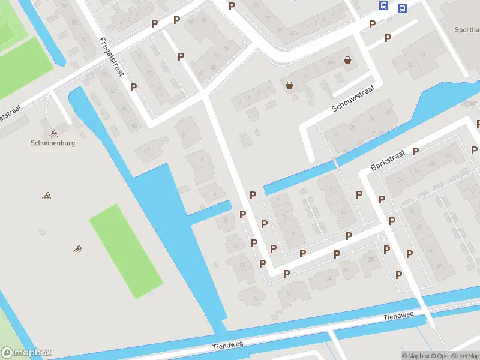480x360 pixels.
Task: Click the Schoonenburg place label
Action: click(x=53, y=143)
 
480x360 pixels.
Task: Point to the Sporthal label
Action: click(x=467, y=29)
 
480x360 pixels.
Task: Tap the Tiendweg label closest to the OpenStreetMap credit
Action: click(x=400, y=317)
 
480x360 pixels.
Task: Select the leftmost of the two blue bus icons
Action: click(x=383, y=5)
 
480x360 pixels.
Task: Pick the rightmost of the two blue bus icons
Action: click(x=402, y=8)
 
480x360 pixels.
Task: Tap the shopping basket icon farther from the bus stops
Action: click(x=290, y=85)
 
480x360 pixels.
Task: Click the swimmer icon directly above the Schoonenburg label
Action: click(x=53, y=133)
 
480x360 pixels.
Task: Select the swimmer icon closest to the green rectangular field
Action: click(x=78, y=248)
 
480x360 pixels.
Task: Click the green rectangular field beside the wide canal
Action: click(x=126, y=251)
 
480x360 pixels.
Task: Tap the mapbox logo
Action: click(x=26, y=353)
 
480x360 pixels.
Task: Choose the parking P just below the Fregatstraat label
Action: click(x=133, y=86)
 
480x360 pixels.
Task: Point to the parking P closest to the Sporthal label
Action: click(x=388, y=38)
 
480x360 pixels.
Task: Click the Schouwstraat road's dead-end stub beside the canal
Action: click(x=309, y=150)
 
